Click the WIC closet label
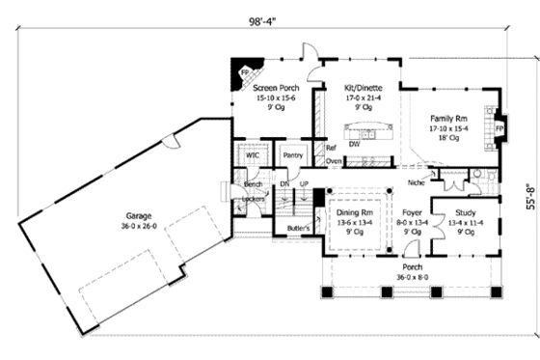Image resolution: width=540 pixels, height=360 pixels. tap(253, 154)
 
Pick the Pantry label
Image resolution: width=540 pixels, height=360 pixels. tap(290, 154)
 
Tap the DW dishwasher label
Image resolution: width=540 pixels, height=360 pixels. tap(355, 144)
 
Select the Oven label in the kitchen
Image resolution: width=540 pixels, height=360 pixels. tap(334, 161)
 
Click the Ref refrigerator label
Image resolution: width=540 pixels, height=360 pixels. tap(331, 148)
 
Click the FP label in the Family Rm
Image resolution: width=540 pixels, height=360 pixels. tap(499, 126)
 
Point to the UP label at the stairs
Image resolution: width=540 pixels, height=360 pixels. tap(305, 183)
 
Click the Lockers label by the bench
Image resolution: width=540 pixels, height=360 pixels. tap(254, 198)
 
